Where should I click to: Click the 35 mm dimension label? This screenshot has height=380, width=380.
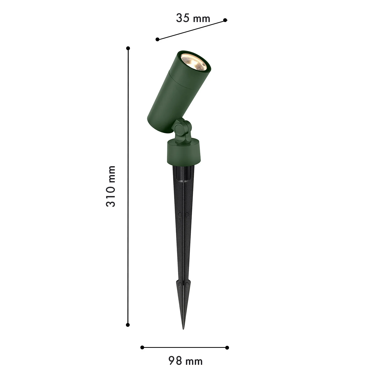pos(193,18)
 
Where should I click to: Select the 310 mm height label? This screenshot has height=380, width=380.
pos(110,186)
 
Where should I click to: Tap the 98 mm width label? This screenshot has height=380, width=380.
pos(185,361)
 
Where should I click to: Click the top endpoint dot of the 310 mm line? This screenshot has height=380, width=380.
pos(128,48)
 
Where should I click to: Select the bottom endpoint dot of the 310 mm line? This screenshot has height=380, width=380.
pos(128,325)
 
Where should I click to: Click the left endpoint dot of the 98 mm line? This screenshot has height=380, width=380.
pos(142,347)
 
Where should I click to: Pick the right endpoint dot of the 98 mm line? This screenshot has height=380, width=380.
pos(227,347)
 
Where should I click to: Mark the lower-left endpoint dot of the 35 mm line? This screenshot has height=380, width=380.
pos(157,39)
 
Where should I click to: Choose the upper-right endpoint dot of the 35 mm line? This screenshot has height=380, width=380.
pos(225,20)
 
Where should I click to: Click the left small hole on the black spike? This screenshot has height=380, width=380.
pos(180,215)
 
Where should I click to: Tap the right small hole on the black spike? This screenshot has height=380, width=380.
pos(187,215)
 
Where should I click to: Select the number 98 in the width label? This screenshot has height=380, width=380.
pos(175,361)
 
